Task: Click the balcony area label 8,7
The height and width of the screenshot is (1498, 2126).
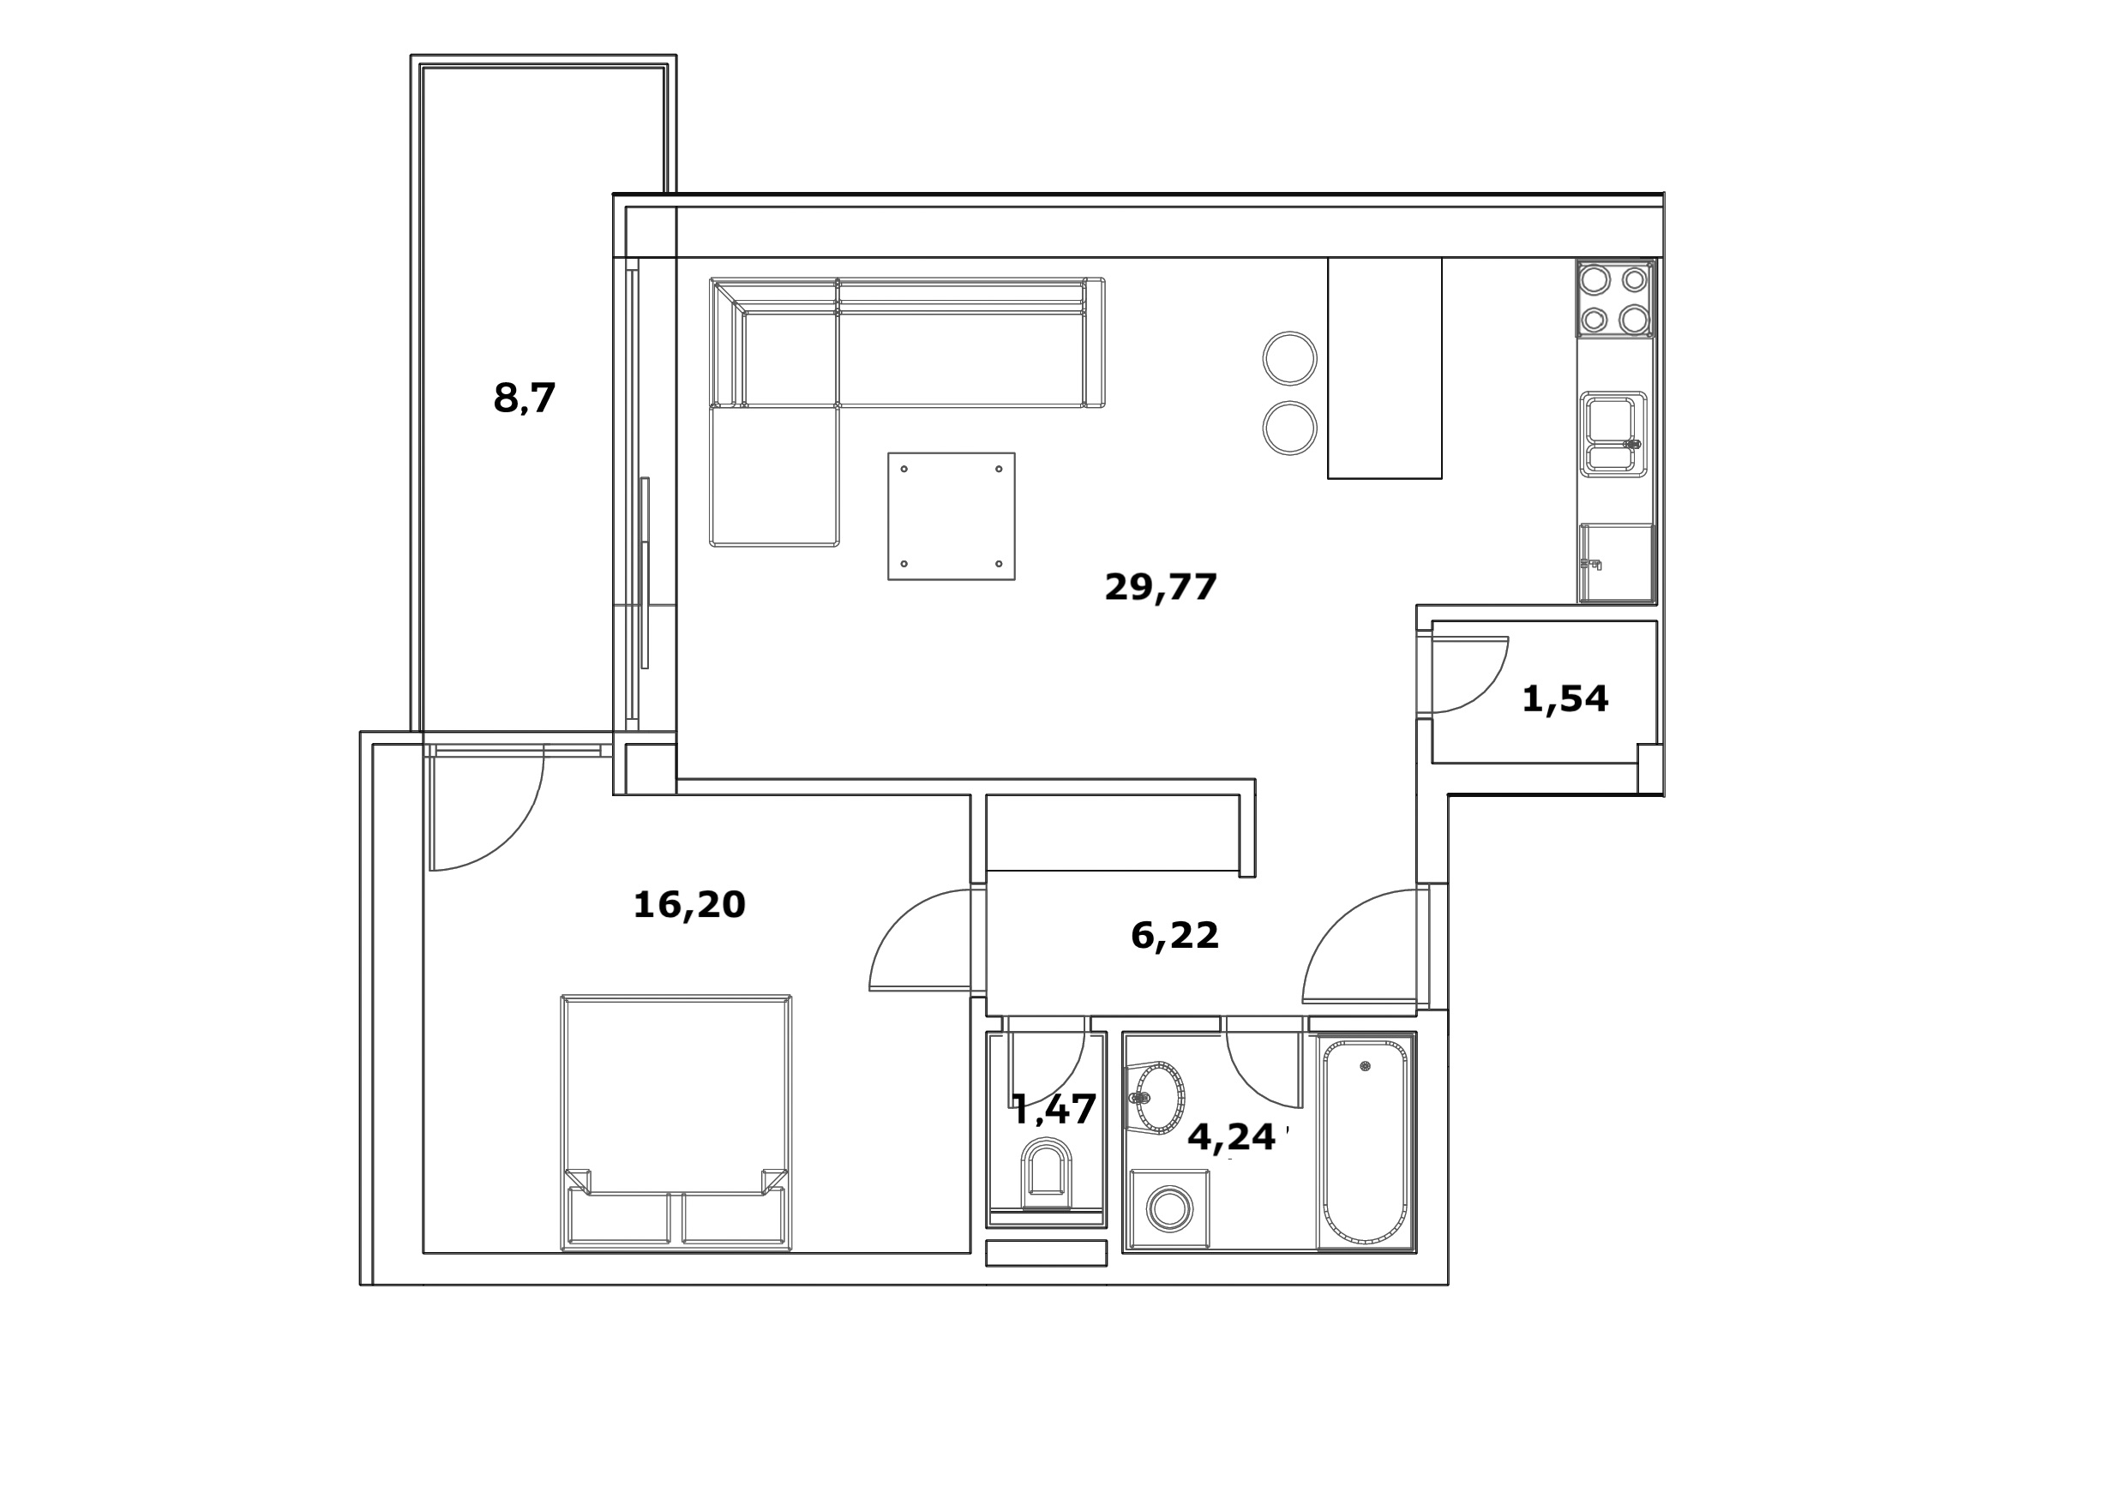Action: pos(524,399)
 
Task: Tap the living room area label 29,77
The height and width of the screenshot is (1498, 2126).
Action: pos(1160,587)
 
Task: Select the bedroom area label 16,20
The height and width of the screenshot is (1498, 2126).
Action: pos(689,904)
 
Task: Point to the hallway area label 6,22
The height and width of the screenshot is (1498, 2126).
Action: pos(1174,936)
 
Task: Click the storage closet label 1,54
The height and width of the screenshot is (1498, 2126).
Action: pos(1564,699)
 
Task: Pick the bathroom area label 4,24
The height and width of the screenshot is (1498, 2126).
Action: pos(1232,1137)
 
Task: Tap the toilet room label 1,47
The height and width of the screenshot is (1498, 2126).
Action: pos(1054,1108)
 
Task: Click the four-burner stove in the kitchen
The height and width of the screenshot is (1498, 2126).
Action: pos(1616,298)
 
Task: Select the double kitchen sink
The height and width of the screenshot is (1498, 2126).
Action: pos(1613,434)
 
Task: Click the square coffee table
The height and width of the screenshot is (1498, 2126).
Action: pos(951,517)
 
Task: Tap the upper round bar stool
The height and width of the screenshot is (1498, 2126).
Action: pos(1290,358)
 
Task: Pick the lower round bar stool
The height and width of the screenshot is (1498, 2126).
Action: pos(1290,428)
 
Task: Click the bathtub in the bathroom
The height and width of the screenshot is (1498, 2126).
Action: pos(1365,1142)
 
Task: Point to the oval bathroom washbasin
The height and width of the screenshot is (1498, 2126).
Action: pos(1158,1098)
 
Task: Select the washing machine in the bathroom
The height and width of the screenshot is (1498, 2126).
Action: pos(1169,1210)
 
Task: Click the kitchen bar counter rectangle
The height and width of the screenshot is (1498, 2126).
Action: pos(1384,368)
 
